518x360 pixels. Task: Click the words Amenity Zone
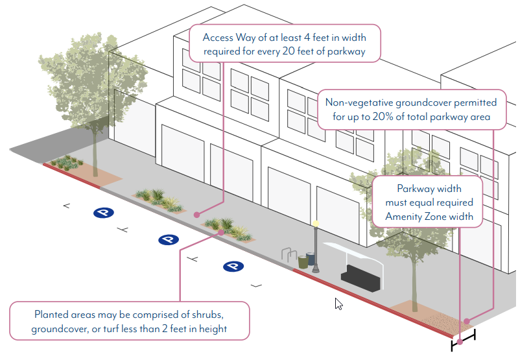(x=443, y=216)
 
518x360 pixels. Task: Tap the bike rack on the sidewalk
(x=289, y=256)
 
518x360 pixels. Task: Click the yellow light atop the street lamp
(x=316, y=224)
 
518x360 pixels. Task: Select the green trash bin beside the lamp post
(x=303, y=262)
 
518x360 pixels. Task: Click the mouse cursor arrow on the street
(x=338, y=304)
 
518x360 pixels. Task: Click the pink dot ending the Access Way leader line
(x=196, y=213)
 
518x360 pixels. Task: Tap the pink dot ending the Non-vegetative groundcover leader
(x=467, y=319)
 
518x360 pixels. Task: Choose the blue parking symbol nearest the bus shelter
(x=233, y=267)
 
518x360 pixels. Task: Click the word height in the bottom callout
(x=212, y=329)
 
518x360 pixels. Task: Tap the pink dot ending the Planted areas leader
(x=221, y=232)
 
